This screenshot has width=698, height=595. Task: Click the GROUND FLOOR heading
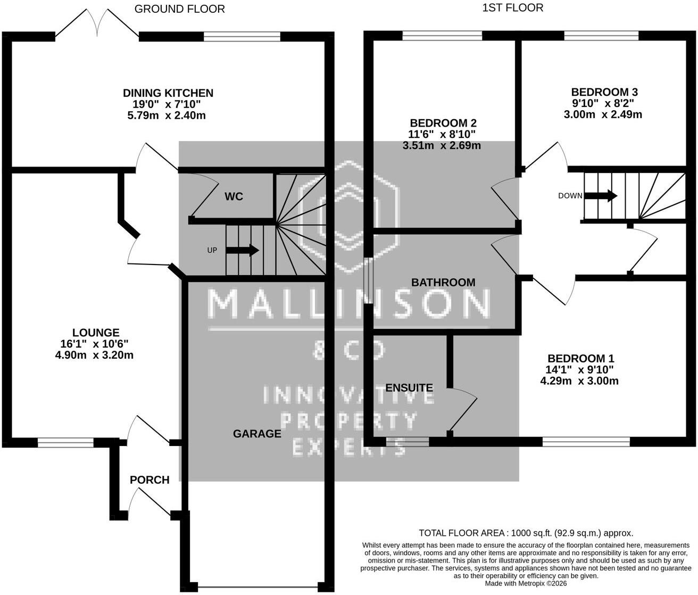click(180, 9)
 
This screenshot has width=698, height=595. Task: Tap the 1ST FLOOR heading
click(513, 8)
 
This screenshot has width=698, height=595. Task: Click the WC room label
click(234, 196)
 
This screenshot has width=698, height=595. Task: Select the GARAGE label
click(257, 434)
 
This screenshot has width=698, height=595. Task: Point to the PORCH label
click(149, 480)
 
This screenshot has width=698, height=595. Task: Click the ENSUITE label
click(409, 388)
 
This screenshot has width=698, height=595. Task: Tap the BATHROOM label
click(443, 283)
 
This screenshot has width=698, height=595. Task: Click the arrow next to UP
click(242, 250)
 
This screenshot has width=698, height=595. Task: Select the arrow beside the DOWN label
click(601, 196)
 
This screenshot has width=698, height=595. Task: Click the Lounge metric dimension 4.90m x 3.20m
click(94, 355)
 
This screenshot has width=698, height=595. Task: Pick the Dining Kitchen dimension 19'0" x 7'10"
click(167, 104)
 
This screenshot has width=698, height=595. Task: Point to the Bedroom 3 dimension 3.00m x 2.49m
click(603, 114)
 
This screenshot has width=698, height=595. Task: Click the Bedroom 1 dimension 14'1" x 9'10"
click(579, 370)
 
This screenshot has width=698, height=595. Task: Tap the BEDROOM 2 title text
click(443, 122)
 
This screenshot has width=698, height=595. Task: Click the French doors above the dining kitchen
click(97, 23)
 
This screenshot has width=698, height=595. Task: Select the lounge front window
click(65, 442)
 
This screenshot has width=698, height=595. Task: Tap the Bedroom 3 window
click(601, 36)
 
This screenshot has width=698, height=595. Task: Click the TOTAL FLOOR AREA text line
click(526, 533)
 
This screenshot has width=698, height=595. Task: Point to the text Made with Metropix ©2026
click(526, 583)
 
